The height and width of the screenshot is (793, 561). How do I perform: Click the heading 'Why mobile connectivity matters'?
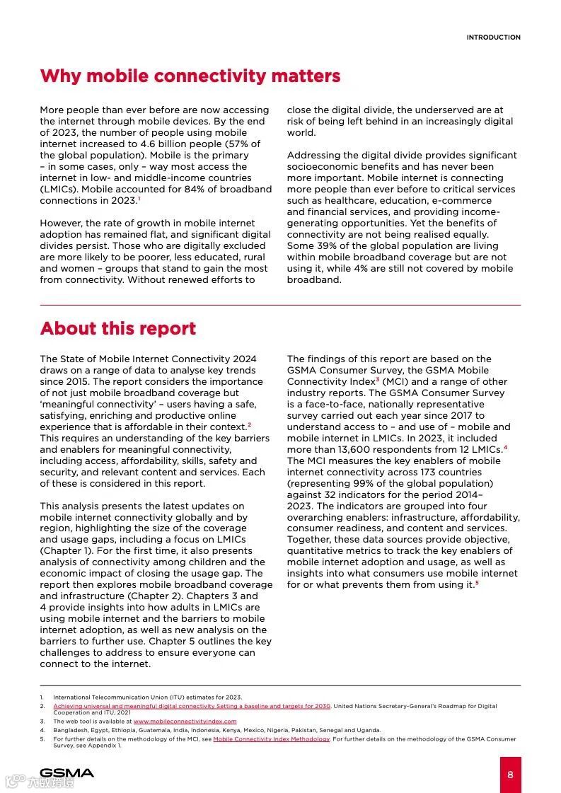(190, 76)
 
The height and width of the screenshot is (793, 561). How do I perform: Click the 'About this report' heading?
(118, 329)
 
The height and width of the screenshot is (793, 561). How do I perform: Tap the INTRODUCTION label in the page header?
(493, 37)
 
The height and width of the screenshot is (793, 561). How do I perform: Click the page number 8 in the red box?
(510, 774)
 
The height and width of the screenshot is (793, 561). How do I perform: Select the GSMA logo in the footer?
(66, 772)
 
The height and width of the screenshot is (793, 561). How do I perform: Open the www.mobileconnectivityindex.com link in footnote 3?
(185, 722)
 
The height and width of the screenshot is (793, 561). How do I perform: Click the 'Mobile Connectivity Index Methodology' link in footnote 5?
(271, 739)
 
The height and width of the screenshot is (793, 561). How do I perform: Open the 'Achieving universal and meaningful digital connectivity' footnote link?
(192, 706)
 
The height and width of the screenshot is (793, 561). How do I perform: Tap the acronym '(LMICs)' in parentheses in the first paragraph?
(59, 189)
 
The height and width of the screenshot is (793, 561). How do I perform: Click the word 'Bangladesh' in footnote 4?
(69, 730)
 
